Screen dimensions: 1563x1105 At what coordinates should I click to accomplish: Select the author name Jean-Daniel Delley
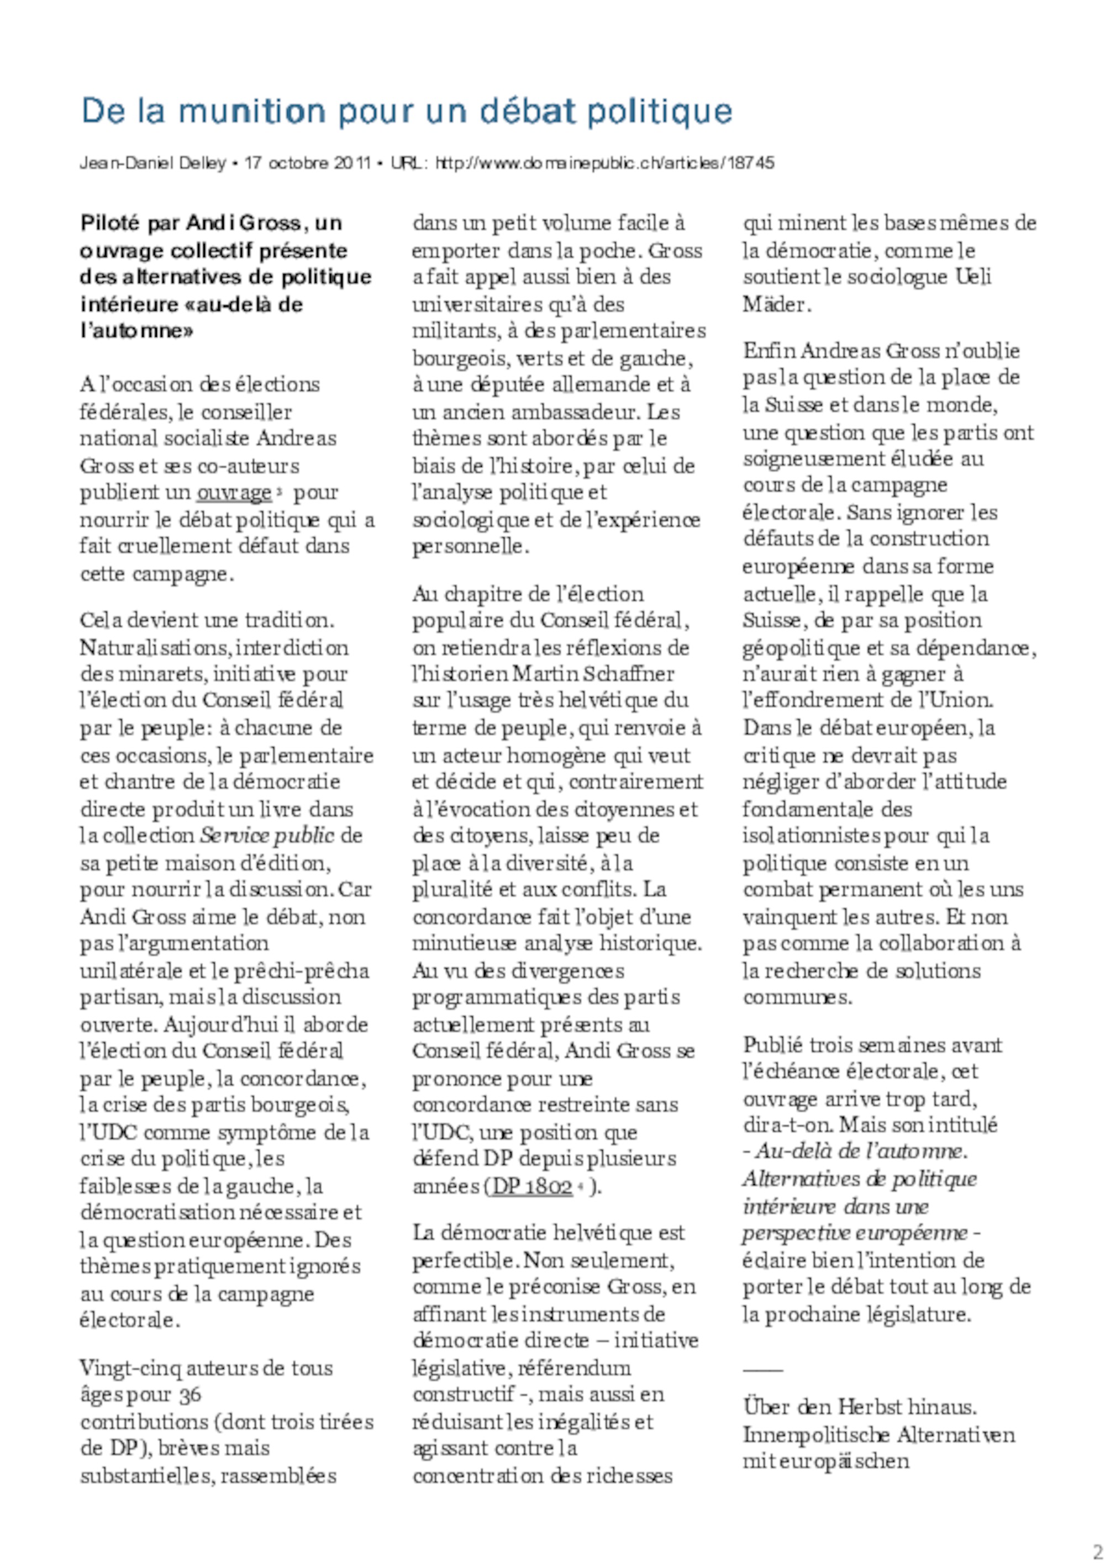click(x=152, y=163)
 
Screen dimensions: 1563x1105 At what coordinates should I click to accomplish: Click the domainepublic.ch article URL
click(x=604, y=163)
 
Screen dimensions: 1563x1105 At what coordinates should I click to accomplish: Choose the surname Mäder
click(x=776, y=304)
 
